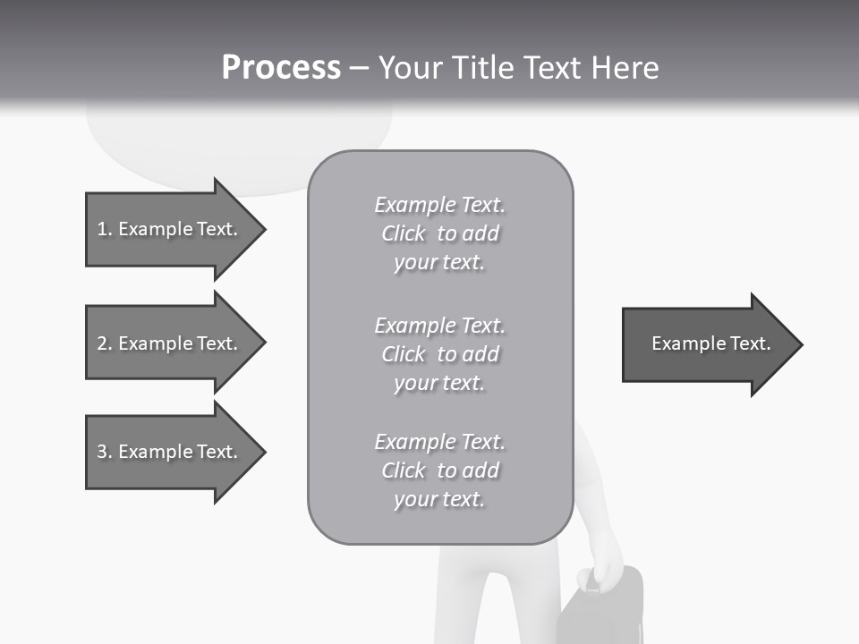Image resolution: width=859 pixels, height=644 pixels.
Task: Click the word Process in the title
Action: (x=281, y=68)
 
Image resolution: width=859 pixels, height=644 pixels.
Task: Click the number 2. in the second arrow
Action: (x=104, y=343)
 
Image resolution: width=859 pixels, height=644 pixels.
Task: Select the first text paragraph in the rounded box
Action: (x=439, y=233)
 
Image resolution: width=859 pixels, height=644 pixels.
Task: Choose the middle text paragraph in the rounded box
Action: (x=439, y=354)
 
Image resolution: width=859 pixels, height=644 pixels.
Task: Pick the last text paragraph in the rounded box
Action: (x=439, y=470)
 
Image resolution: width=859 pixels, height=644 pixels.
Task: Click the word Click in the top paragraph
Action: (x=404, y=234)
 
